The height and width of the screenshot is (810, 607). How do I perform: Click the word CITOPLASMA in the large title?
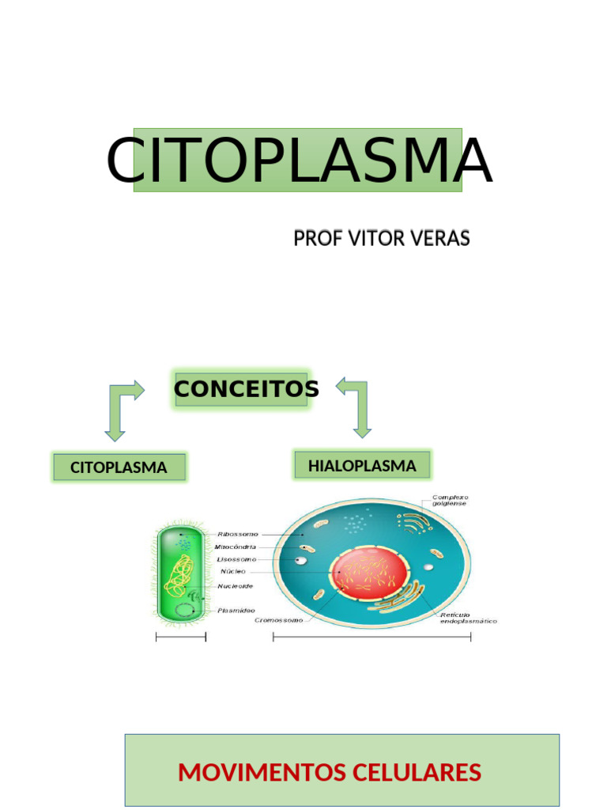pyautogui.click(x=299, y=161)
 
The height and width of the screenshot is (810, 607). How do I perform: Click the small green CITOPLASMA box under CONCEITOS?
pyautogui.click(x=119, y=467)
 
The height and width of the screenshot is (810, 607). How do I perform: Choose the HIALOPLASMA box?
pyautogui.click(x=362, y=466)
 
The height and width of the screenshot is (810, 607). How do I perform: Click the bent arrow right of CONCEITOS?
pyautogui.click(x=356, y=406)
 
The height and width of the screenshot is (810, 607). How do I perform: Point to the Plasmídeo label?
pyautogui.click(x=236, y=611)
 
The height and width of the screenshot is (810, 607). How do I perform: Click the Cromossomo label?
pyautogui.click(x=278, y=621)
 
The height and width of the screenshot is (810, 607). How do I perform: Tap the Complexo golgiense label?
pyautogui.click(x=449, y=500)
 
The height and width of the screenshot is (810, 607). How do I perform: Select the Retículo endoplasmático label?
pyautogui.click(x=468, y=618)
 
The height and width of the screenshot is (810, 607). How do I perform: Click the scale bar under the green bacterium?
pyautogui.click(x=181, y=638)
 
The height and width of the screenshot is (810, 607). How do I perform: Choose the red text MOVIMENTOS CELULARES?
pyautogui.click(x=330, y=772)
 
